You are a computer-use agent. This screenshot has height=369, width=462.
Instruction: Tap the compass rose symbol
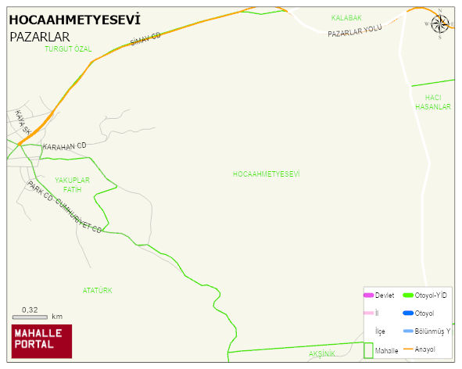coord(440,24)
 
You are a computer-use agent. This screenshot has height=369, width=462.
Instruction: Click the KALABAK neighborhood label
coord(346,17)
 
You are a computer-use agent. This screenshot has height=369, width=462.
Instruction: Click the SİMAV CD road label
coord(145,41)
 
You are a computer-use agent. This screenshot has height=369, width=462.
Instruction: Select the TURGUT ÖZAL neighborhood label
coord(68,48)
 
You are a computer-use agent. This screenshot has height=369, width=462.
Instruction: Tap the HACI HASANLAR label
coord(433,102)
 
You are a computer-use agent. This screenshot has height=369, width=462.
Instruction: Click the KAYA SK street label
coord(22,121)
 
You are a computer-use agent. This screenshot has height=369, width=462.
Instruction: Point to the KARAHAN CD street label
coord(64,146)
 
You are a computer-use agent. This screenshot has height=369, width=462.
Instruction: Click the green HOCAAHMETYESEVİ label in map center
coord(266,174)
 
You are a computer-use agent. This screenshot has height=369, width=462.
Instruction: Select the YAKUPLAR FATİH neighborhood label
coord(73,184)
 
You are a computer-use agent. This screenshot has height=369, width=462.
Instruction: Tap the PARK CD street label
coord(40,191)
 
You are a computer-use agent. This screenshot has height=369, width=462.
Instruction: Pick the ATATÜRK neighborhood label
coord(98,290)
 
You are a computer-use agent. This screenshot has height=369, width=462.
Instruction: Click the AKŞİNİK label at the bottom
coord(322,354)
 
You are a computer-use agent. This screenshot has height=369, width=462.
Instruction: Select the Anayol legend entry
coord(423,349)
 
